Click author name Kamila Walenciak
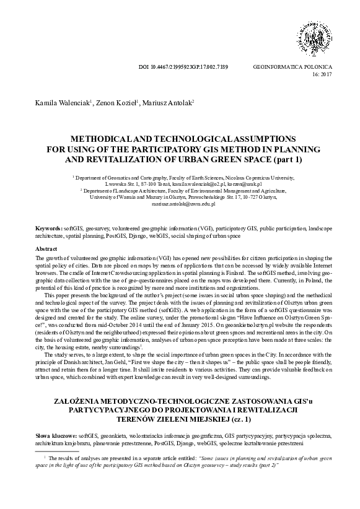tap(56, 102)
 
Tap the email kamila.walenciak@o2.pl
tap(191, 185)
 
